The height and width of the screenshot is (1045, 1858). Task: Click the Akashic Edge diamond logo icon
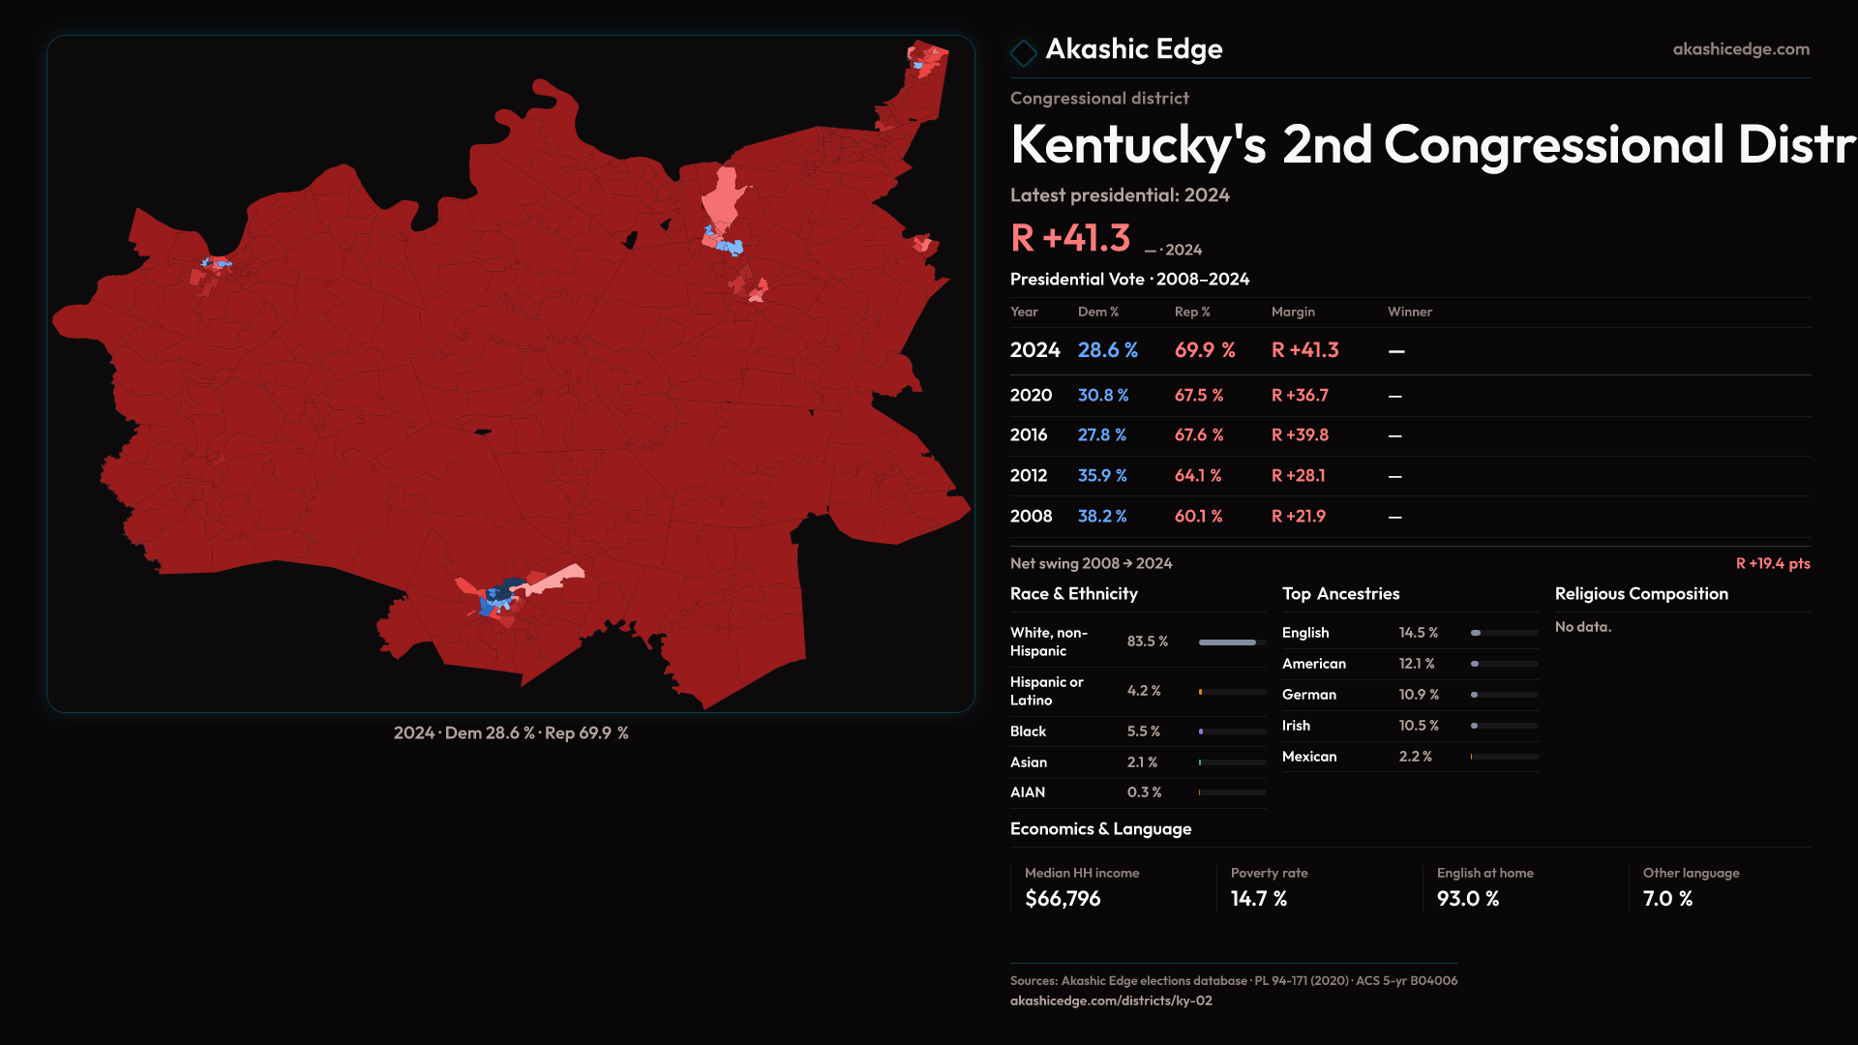click(1023, 52)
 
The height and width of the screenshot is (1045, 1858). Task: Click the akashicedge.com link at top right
click(1740, 49)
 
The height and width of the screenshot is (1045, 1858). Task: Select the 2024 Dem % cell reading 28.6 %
click(1107, 350)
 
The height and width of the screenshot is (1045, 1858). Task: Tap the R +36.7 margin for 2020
click(1299, 396)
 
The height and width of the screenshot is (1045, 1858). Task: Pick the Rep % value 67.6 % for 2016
click(1198, 435)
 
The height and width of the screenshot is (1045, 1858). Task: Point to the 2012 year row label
click(1028, 476)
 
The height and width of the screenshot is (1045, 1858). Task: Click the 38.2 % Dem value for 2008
click(1101, 517)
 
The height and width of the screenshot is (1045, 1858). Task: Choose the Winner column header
click(1409, 312)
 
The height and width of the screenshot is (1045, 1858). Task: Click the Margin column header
click(1292, 312)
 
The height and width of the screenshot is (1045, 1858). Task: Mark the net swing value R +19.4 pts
click(1772, 564)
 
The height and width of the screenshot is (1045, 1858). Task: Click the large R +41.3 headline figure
click(1069, 238)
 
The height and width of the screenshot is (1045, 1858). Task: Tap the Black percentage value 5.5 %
click(1143, 731)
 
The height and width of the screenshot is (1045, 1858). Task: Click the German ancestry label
click(1308, 695)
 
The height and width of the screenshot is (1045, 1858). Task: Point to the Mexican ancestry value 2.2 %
click(1415, 757)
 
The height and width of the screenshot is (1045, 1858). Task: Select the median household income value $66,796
click(1062, 899)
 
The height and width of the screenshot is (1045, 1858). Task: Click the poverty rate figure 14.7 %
click(1258, 899)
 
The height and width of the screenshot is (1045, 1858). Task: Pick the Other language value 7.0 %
click(1666, 899)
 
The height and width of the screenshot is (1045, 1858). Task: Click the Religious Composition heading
click(1640, 594)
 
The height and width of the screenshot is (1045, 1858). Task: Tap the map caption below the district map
click(510, 733)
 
